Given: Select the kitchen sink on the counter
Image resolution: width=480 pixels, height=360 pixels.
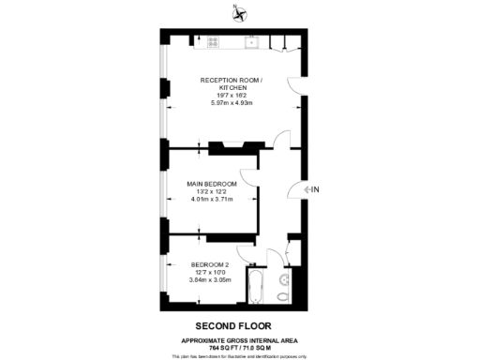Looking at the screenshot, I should click(x=252, y=42).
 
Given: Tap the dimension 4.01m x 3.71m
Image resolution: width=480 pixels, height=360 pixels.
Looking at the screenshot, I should click(x=209, y=198).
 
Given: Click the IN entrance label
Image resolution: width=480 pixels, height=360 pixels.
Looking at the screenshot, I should click(x=314, y=190).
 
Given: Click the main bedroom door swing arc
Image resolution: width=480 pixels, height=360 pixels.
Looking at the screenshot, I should click(x=247, y=178).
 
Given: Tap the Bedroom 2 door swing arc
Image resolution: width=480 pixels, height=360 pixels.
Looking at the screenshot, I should click(x=245, y=251).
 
